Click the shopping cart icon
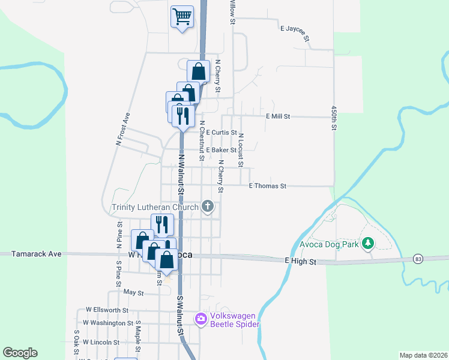pyautogui.click(x=182, y=16)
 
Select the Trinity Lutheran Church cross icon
pyautogui.click(x=208, y=207)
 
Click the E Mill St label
pyautogui.click(x=278, y=116)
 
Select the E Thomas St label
pyautogui.click(x=267, y=187)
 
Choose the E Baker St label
pyautogui.click(x=220, y=150)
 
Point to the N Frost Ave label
pyautogui.click(x=122, y=128)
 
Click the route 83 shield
pyautogui.click(x=418, y=258)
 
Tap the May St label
pyautogui.click(x=133, y=293)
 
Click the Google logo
pyautogui.click(x=20, y=353)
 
